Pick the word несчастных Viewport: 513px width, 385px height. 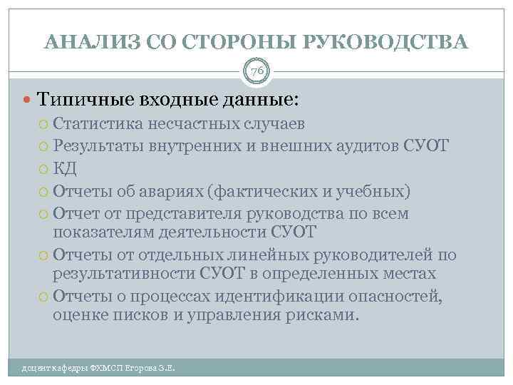click(x=185, y=123)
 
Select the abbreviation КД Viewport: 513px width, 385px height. click(x=65, y=170)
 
